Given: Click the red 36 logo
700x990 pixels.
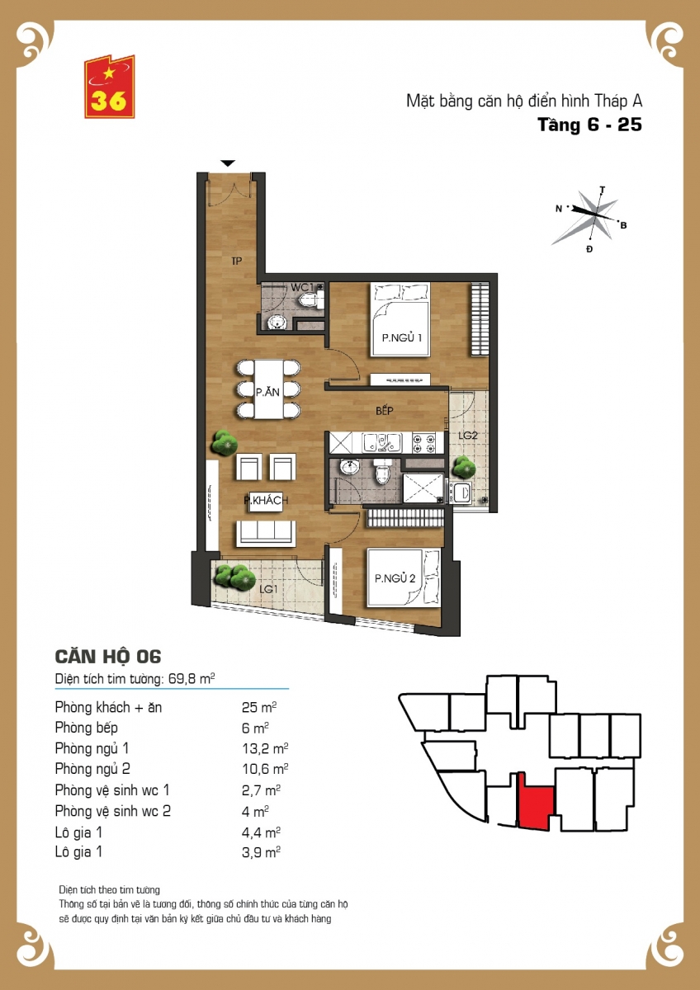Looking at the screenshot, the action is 109,87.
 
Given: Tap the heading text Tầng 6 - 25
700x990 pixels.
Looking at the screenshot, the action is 589,125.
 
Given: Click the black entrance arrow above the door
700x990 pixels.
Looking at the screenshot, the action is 228,163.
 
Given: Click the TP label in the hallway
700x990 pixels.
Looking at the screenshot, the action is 237,262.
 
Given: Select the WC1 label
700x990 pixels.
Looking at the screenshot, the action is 302,287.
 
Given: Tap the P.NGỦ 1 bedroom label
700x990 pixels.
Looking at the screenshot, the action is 401,338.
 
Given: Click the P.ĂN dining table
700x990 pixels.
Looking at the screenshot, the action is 268,389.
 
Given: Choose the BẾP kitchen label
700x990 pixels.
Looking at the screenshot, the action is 385,411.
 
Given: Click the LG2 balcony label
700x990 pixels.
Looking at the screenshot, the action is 468,436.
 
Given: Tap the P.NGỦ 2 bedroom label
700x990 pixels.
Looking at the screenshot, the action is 395,578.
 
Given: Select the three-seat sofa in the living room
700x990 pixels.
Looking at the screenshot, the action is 266,534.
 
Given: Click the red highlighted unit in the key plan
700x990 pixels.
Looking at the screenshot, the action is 535,800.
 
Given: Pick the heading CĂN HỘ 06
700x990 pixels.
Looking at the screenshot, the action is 108,657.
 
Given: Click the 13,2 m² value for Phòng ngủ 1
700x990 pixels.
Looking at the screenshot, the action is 265,747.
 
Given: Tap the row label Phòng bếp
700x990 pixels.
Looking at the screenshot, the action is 86,728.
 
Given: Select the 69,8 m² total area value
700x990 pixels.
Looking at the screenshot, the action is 192,678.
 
